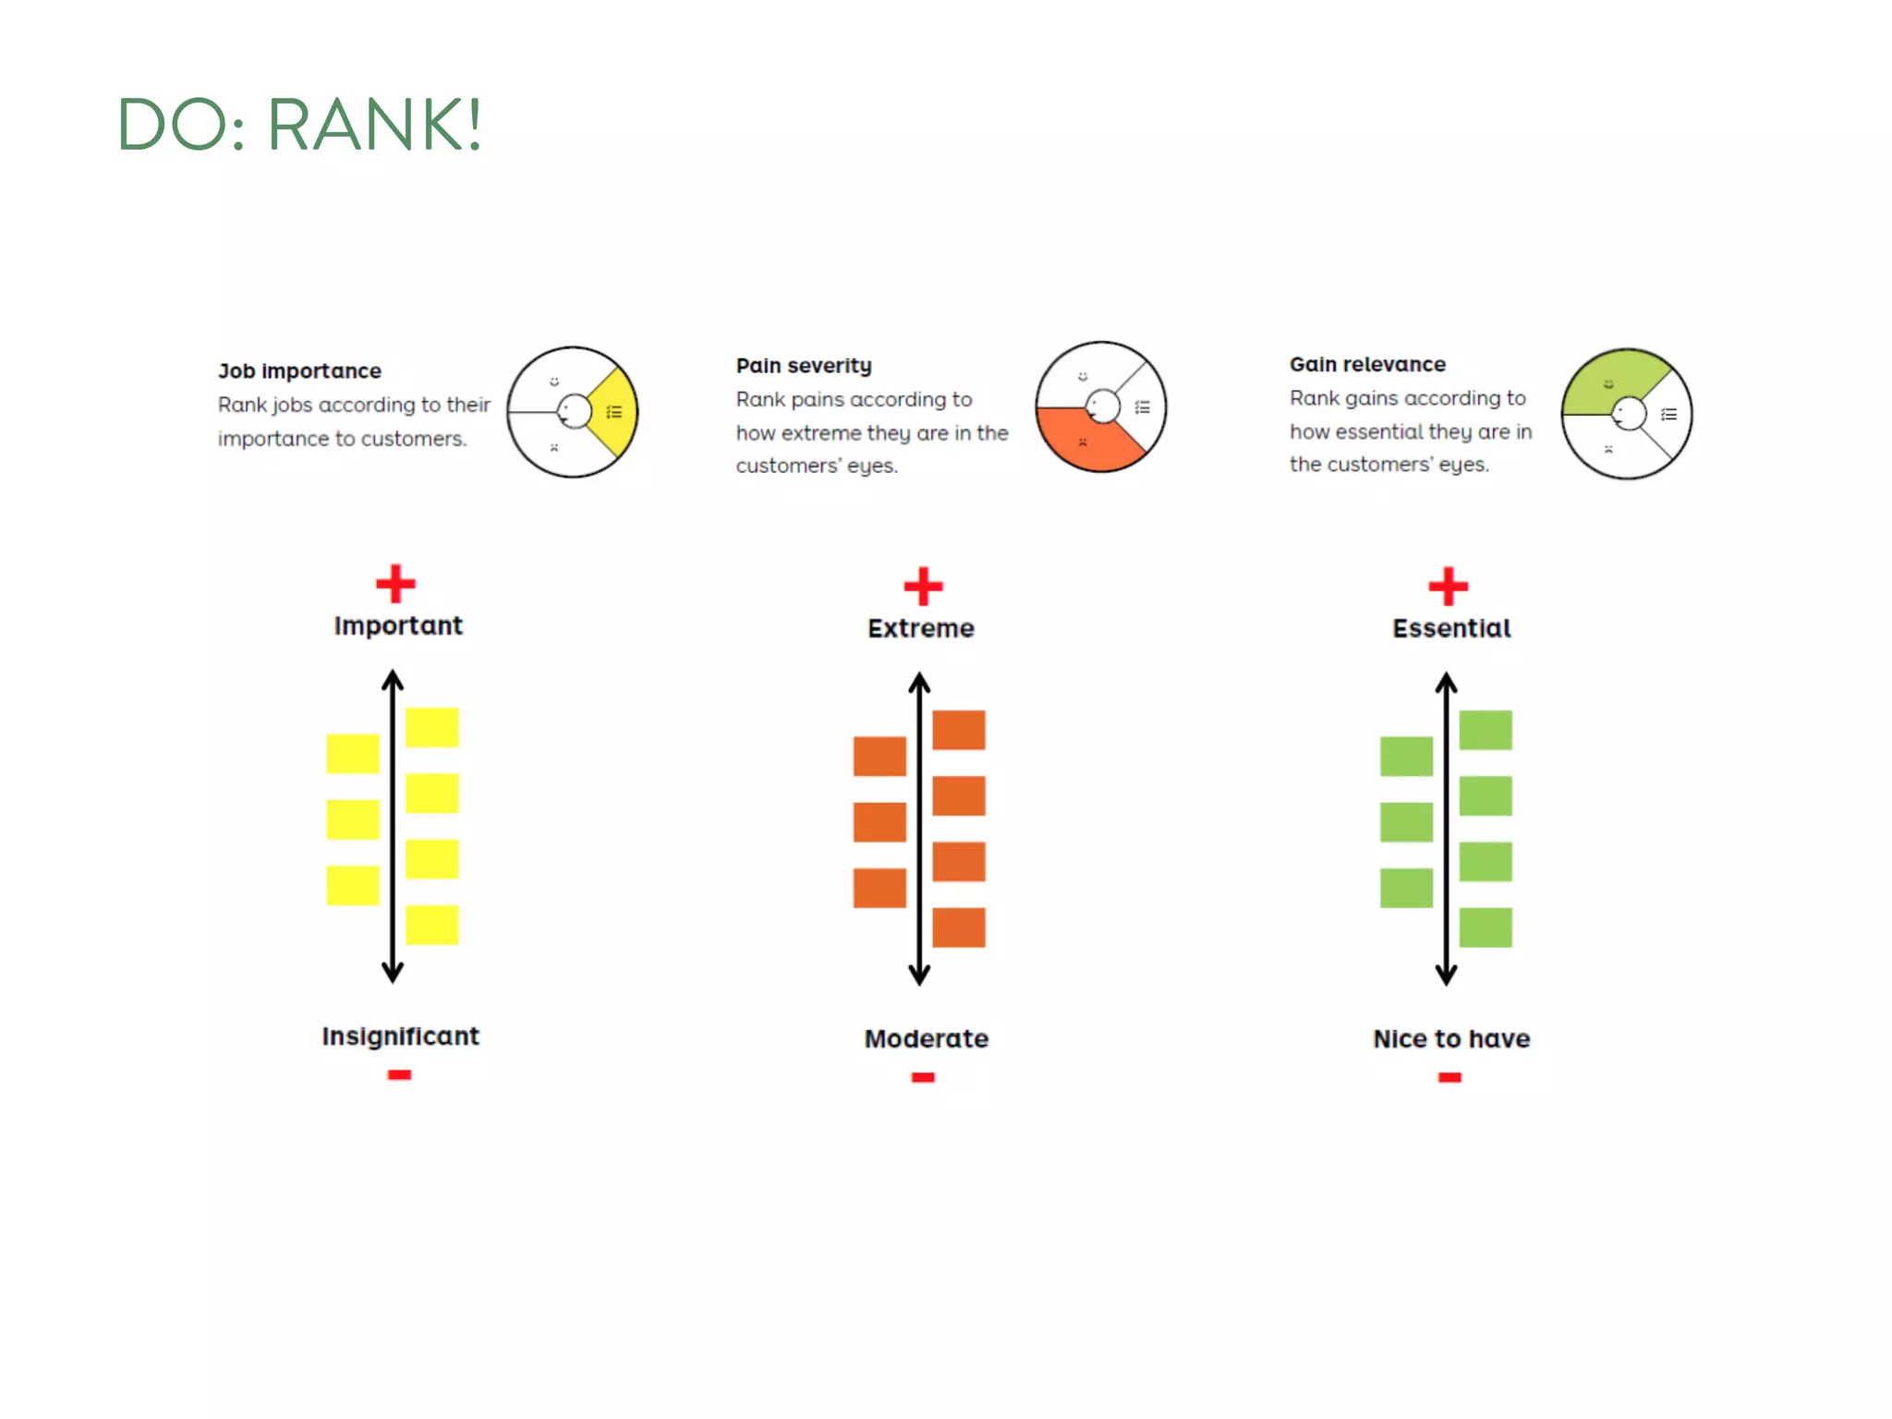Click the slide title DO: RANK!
click(x=300, y=124)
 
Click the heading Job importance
click(x=299, y=371)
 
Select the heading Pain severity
click(x=804, y=366)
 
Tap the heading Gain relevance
click(x=1367, y=365)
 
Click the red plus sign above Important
click(x=395, y=584)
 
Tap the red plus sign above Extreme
click(x=923, y=587)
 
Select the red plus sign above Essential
click(x=1448, y=586)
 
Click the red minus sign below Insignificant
click(x=399, y=1074)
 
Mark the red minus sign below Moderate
click(x=923, y=1077)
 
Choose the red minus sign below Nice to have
click(x=1449, y=1077)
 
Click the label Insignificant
click(x=400, y=1037)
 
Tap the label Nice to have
click(x=1451, y=1039)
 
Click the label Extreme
click(x=921, y=629)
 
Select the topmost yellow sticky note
click(x=431, y=727)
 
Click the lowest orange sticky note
click(x=958, y=928)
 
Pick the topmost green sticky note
click(x=1486, y=730)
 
